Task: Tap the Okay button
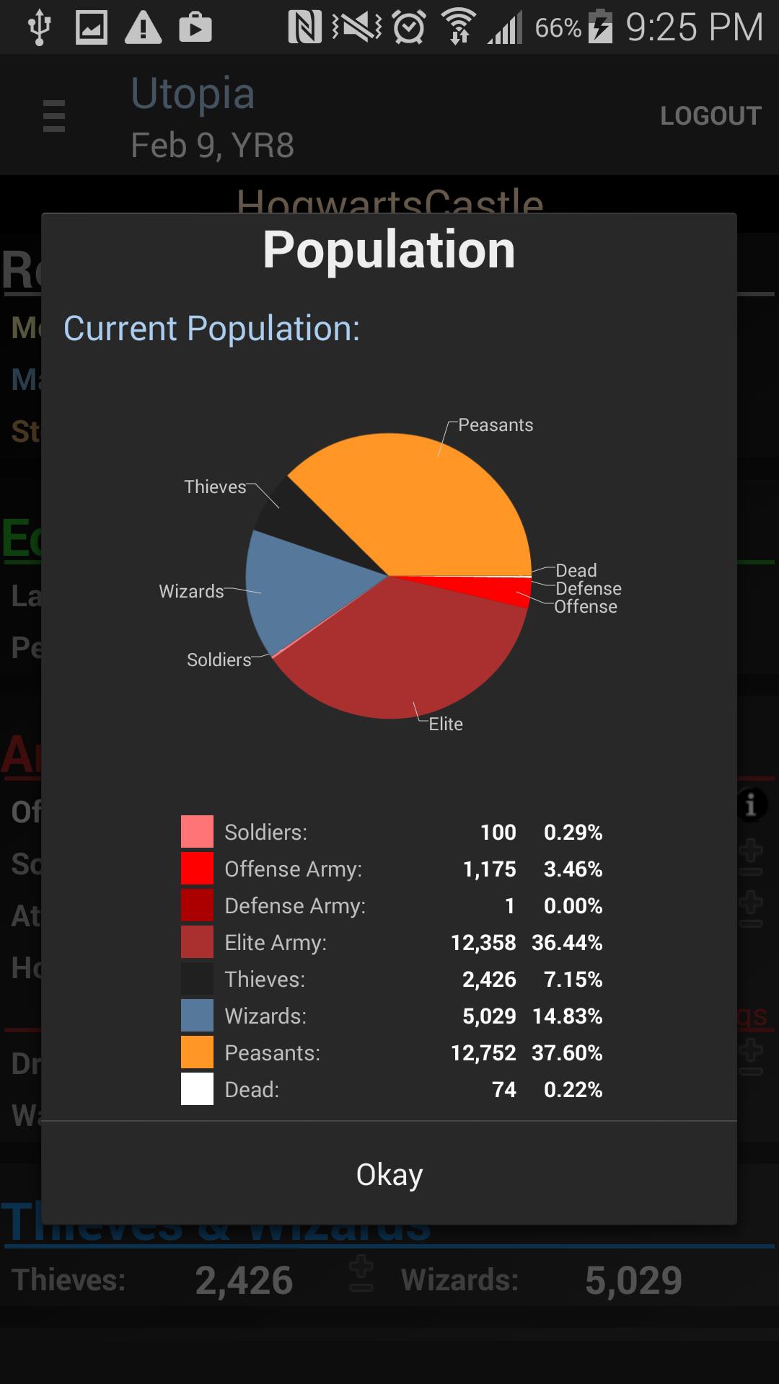point(389,1174)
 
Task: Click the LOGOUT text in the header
point(710,116)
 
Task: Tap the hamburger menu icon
point(54,116)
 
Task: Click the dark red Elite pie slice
point(404,649)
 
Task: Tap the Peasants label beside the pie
point(496,425)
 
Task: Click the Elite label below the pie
point(446,724)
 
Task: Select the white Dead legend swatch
point(197,1089)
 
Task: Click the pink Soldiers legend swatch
point(197,832)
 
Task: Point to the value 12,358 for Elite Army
point(483,943)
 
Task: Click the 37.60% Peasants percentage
point(567,1053)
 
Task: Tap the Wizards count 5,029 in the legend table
point(489,1016)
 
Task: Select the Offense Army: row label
point(293,869)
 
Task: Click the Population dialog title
point(389,250)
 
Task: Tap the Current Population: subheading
point(211,329)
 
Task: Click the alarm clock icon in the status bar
point(409,27)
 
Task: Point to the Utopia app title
point(193,94)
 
